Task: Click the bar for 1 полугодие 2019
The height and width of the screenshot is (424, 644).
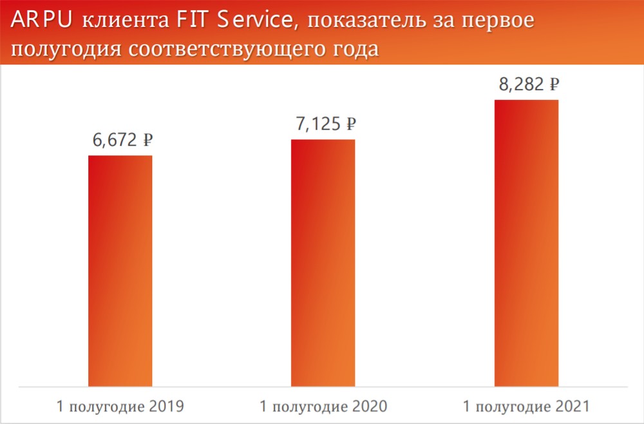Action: point(120,271)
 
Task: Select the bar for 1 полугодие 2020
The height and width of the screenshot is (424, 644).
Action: point(323,263)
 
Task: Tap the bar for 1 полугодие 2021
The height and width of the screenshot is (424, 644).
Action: point(526,243)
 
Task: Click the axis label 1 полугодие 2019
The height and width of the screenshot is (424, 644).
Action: point(120,407)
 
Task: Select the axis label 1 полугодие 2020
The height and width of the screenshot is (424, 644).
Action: point(323,407)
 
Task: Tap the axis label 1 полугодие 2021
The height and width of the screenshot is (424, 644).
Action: point(526,407)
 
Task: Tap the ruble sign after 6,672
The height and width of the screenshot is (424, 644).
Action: point(147,139)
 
